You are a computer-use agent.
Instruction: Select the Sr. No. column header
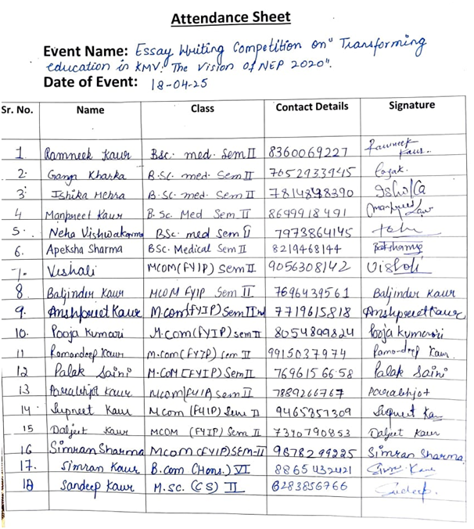16,110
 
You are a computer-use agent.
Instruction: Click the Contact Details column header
312,106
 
